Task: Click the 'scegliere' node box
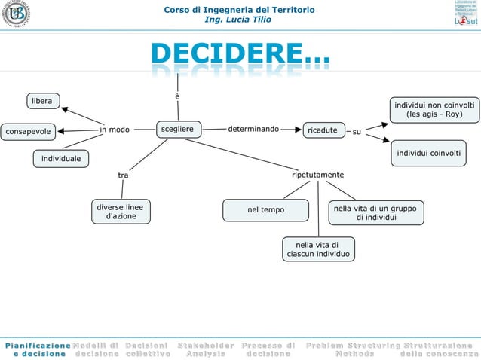(176, 130)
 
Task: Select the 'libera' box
(41, 101)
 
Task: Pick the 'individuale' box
(60, 159)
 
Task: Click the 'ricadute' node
(322, 130)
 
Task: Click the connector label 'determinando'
(253, 129)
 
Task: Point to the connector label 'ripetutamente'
(317, 175)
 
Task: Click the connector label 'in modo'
(115, 130)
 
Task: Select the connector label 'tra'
(123, 175)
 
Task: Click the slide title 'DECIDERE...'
(240, 54)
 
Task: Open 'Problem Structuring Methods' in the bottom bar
(353, 349)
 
